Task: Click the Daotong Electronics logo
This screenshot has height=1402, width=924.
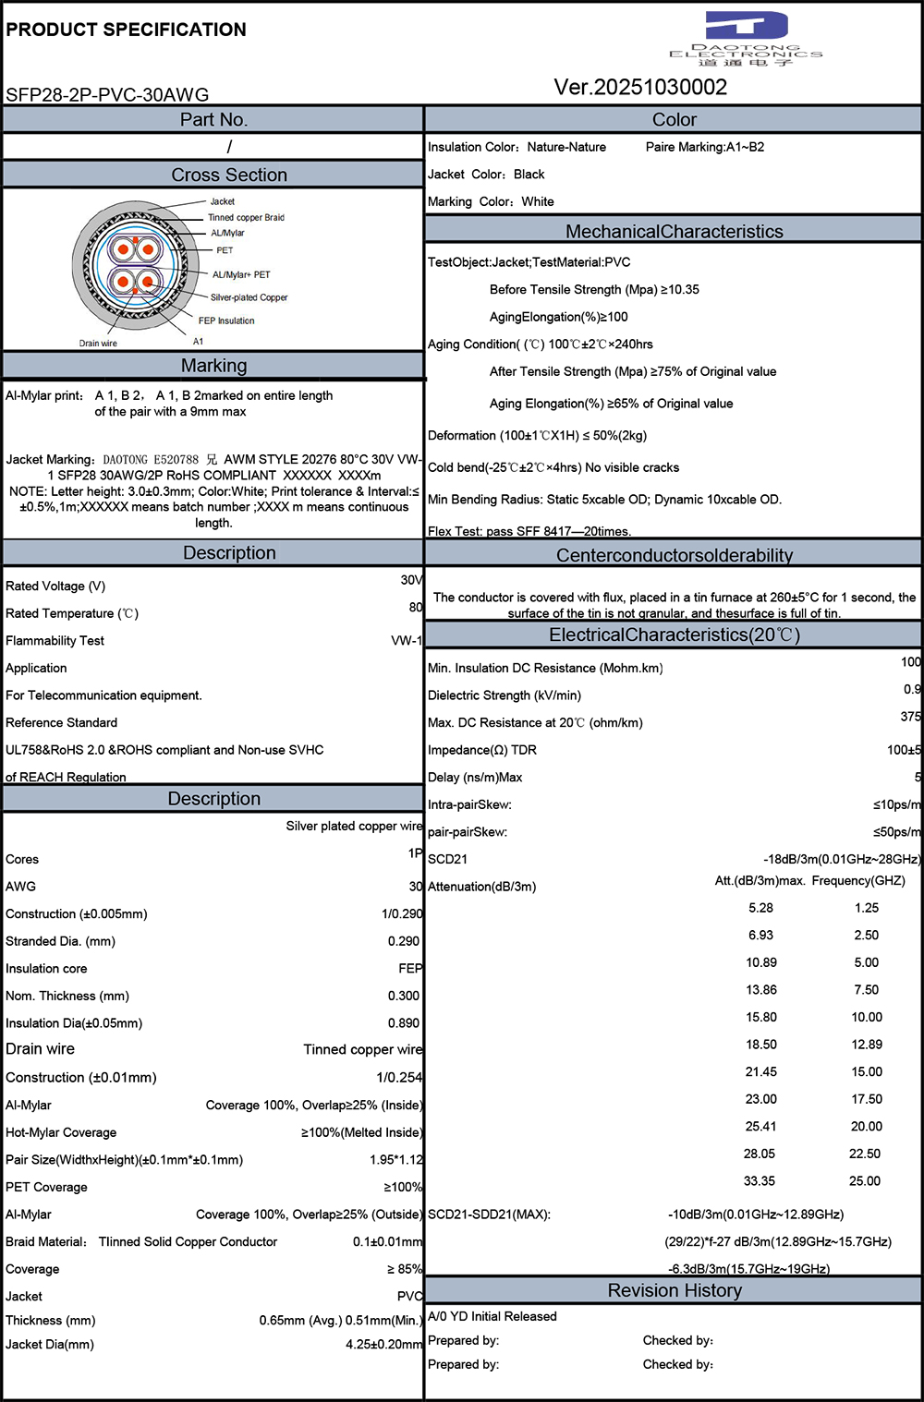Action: click(x=746, y=38)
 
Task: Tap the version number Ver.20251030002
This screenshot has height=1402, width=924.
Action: click(x=640, y=88)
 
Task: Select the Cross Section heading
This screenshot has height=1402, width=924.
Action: click(x=229, y=175)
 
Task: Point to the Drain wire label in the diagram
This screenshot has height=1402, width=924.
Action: click(x=98, y=344)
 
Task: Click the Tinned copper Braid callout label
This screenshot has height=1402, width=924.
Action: click(x=246, y=218)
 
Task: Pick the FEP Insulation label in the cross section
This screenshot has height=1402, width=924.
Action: click(x=226, y=321)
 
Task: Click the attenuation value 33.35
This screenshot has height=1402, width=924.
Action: click(x=760, y=1181)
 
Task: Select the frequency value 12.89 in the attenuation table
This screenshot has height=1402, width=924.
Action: click(x=867, y=1045)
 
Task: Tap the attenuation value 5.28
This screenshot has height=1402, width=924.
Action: click(x=760, y=908)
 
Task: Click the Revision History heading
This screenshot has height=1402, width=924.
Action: click(x=675, y=1290)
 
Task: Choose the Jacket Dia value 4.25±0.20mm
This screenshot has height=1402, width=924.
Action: click(x=383, y=1345)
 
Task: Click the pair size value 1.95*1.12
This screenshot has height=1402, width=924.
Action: click(x=396, y=1160)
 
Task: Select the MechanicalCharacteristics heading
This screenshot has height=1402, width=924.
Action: click(x=675, y=232)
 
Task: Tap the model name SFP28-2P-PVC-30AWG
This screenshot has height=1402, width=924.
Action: click(x=107, y=95)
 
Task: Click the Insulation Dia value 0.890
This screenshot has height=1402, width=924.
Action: click(x=404, y=1023)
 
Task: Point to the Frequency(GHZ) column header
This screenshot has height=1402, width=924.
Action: click(x=858, y=881)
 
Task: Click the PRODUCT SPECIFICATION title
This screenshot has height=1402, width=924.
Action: click(x=127, y=30)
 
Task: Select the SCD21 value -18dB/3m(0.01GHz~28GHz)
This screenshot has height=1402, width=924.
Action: click(x=842, y=859)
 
